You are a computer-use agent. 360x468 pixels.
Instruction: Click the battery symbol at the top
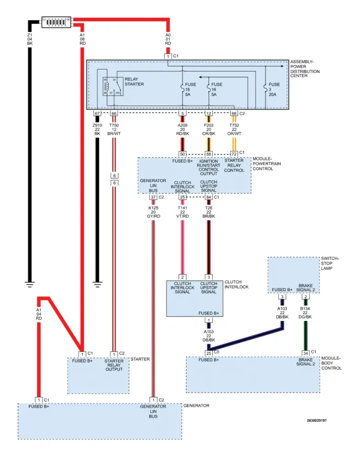click(56, 21)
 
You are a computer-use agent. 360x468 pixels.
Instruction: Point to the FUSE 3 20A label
click(274, 90)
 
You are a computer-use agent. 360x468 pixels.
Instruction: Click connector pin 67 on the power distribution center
click(97, 113)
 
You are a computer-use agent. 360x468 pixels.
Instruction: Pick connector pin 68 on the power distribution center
click(234, 113)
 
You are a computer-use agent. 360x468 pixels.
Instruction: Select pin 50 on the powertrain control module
click(183, 154)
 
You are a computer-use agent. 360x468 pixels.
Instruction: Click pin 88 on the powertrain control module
click(209, 154)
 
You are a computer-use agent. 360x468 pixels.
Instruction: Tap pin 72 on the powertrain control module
click(234, 154)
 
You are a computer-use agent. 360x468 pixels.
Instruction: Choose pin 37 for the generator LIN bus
click(153, 197)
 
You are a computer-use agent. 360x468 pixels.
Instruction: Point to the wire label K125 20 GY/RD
click(153, 212)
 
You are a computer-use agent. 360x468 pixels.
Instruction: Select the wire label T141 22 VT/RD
click(183, 212)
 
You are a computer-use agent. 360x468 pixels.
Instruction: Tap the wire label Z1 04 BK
click(30, 39)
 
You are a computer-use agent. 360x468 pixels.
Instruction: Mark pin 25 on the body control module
click(209, 352)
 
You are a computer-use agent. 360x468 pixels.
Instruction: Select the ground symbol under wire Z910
click(97, 285)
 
